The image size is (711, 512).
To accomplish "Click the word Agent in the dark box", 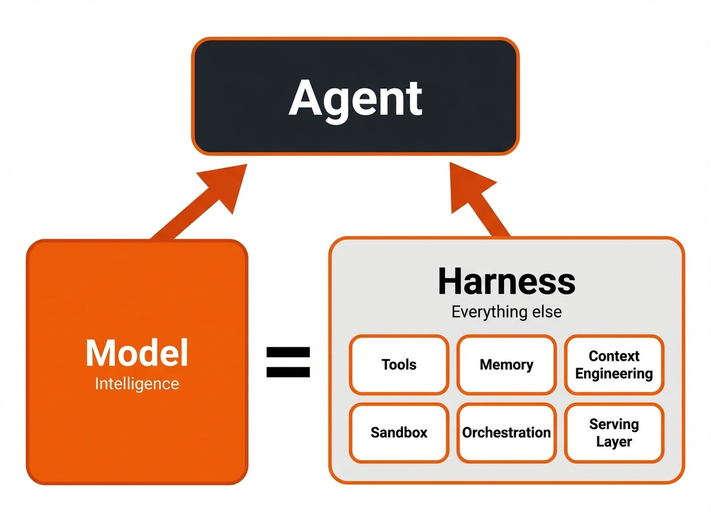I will point(355,99).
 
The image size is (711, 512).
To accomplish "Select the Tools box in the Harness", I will point(399,364).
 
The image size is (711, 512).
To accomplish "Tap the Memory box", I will point(506,364).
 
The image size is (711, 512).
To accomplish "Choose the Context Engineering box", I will point(614,364).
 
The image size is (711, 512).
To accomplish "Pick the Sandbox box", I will point(399,432).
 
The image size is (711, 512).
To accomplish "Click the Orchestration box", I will point(506,432).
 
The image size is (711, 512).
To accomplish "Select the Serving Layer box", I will point(614,432).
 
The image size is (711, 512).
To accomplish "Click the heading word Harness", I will point(506,281).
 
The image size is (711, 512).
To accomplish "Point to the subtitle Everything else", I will point(506,312).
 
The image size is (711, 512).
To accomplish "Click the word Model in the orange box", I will point(137,353).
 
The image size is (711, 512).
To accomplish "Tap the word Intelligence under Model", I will point(137,384).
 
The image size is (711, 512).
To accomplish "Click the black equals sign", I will point(288,362).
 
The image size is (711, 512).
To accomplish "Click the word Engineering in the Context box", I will point(614,374).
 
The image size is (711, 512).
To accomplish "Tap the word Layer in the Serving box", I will point(614,442).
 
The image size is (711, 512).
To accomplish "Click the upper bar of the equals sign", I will point(288,352).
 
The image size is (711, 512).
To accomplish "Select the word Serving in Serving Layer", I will point(614,424).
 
